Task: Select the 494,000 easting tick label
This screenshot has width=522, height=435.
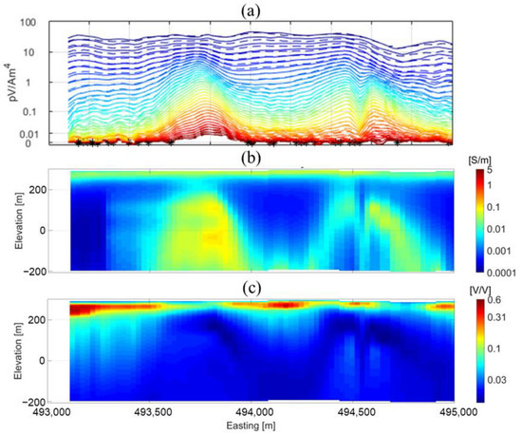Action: [x=256, y=413]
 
